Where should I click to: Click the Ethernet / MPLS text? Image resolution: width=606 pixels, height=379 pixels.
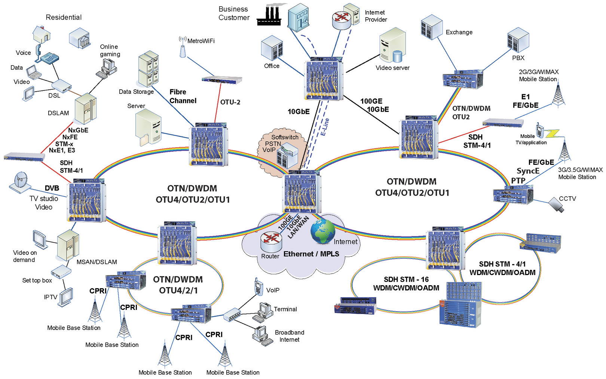(311, 254)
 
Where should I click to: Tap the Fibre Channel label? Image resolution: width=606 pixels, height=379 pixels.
(183, 96)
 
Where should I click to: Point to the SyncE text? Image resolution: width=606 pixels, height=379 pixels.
(528, 171)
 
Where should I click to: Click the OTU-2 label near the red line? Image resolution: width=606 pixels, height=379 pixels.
(230, 102)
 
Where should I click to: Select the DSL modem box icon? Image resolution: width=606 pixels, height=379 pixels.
(61, 86)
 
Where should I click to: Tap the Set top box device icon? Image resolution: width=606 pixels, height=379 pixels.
(61, 271)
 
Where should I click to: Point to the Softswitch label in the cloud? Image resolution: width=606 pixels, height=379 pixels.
(285, 137)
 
